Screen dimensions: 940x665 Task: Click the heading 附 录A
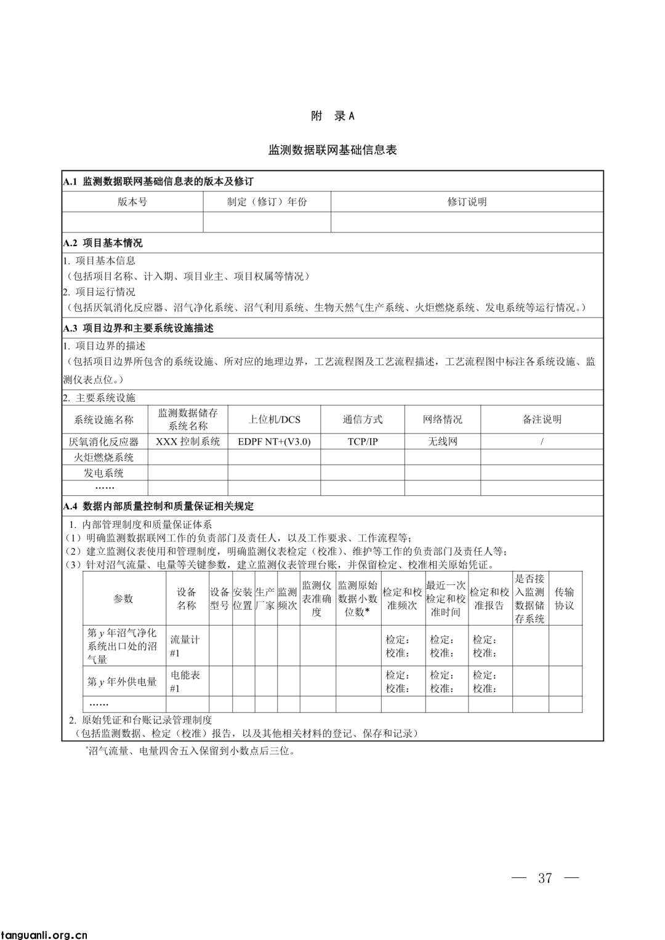pyautogui.click(x=332, y=116)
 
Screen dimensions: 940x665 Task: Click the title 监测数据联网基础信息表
pyautogui.click(x=332, y=149)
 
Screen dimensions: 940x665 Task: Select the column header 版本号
pyautogui.click(x=132, y=202)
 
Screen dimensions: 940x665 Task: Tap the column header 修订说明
pyautogui.click(x=467, y=202)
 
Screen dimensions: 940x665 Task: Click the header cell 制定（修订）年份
pyautogui.click(x=267, y=202)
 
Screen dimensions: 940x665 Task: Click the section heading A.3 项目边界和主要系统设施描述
pyautogui.click(x=139, y=329)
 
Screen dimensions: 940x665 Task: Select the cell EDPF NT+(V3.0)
pyautogui.click(x=274, y=442)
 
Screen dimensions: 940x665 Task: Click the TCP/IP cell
pyautogui.click(x=363, y=442)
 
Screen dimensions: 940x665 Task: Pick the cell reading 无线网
pyautogui.click(x=442, y=442)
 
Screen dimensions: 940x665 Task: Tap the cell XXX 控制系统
pyautogui.click(x=188, y=442)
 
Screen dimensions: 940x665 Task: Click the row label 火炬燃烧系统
pyautogui.click(x=104, y=457)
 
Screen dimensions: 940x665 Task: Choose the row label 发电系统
pyautogui.click(x=104, y=473)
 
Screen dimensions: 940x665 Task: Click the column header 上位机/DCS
pyautogui.click(x=274, y=420)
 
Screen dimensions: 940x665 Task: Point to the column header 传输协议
pyautogui.click(x=564, y=599)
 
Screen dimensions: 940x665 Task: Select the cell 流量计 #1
pyautogui.click(x=185, y=646)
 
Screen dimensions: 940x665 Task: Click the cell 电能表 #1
pyautogui.click(x=185, y=682)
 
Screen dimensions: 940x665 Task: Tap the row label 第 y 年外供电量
pyautogui.click(x=123, y=682)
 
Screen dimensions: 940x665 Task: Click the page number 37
pyautogui.click(x=545, y=878)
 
